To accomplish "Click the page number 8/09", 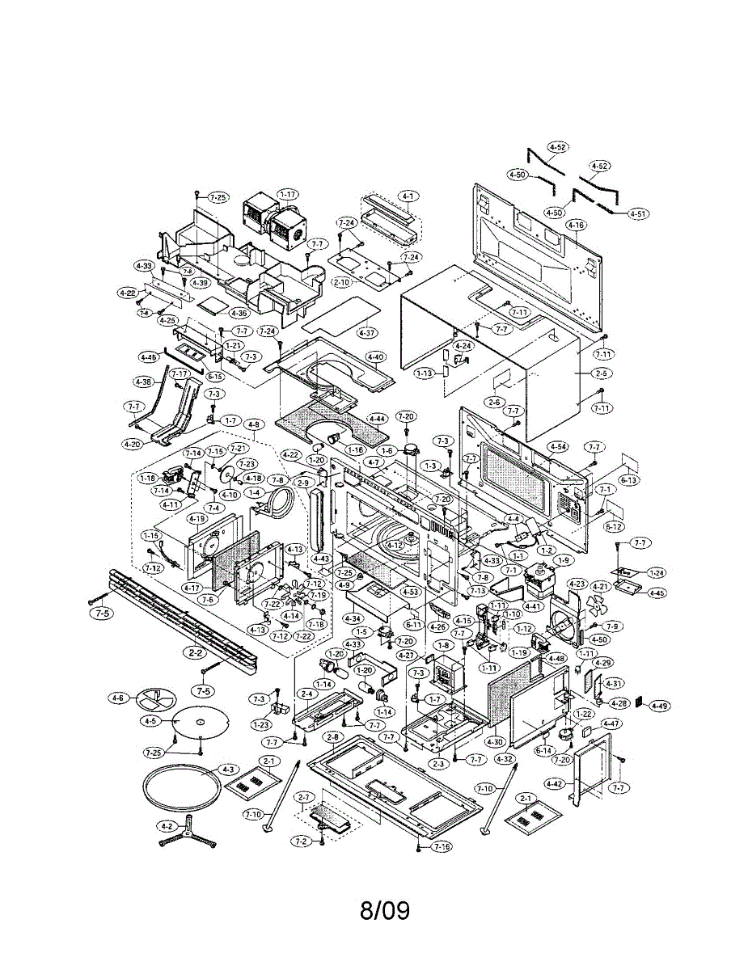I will [384, 911].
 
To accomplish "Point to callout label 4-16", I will [576, 224].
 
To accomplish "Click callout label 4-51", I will [638, 214].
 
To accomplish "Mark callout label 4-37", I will [367, 332].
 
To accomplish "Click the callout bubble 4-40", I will [376, 357].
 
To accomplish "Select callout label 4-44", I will [377, 419].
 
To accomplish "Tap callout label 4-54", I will [557, 446].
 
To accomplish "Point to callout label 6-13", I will [629, 479].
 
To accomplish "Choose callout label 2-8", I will [332, 737].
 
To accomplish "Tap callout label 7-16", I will [442, 846].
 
